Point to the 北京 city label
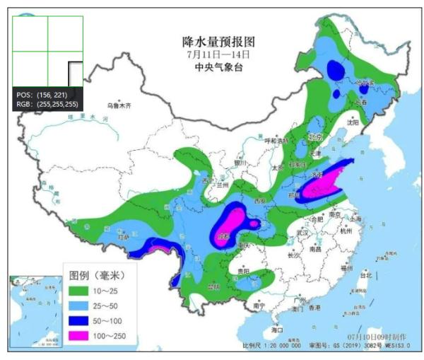(314, 137)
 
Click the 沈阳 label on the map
(353, 122)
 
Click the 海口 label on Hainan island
(277, 330)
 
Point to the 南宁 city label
(259, 306)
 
